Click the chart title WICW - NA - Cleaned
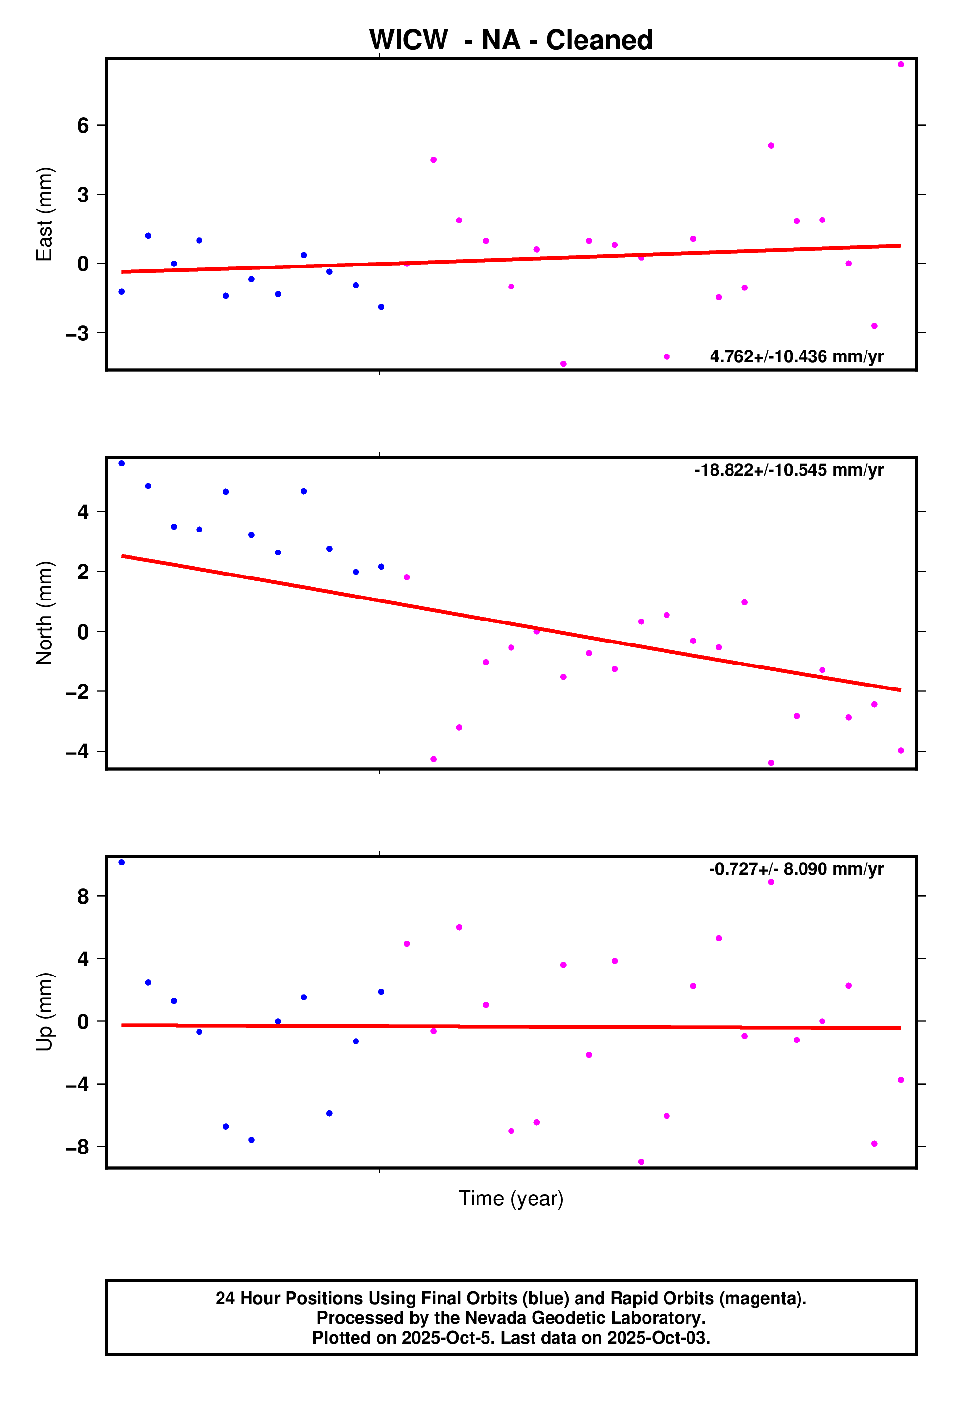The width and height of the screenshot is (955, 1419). pyautogui.click(x=511, y=40)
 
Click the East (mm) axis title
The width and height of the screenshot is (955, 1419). pyautogui.click(x=44, y=214)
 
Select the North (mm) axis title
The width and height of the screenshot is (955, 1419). pyautogui.click(x=44, y=613)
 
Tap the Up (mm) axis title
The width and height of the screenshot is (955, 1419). pyautogui.click(x=44, y=1012)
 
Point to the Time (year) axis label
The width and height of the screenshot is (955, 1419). pyautogui.click(x=511, y=1198)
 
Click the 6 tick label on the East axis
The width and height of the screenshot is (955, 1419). pyautogui.click(x=83, y=126)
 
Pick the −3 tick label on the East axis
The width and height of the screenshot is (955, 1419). pyautogui.click(x=77, y=333)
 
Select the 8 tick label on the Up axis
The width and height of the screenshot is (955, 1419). pyautogui.click(x=83, y=896)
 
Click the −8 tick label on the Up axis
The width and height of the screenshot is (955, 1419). pyautogui.click(x=77, y=1148)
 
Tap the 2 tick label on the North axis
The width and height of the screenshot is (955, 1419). pyautogui.click(x=83, y=572)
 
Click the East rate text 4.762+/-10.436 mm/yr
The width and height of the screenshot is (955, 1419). pyautogui.click(x=796, y=356)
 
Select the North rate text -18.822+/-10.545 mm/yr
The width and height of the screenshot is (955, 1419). pyautogui.click(x=788, y=470)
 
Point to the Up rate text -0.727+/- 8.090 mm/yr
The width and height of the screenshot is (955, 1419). pyautogui.click(x=796, y=869)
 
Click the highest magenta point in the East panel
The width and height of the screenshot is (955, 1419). pyautogui.click(x=901, y=64)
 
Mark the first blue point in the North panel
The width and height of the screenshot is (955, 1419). pyautogui.click(x=122, y=464)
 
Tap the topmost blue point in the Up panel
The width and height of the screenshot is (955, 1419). pyautogui.click(x=122, y=863)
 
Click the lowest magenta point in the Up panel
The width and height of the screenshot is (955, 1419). pyautogui.click(x=641, y=1162)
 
